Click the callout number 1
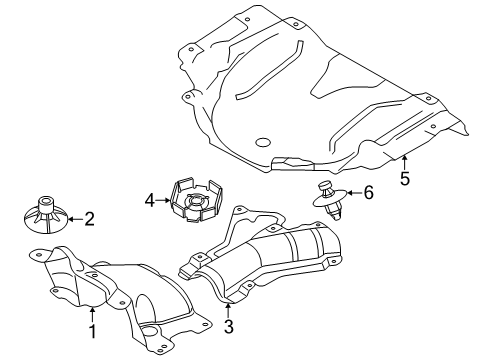click(x=93, y=331)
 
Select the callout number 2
click(x=89, y=219)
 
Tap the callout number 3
click(x=229, y=326)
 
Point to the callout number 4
click(x=150, y=200)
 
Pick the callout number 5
click(x=405, y=178)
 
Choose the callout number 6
click(x=368, y=193)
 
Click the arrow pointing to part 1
click(x=92, y=315)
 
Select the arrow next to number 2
click(x=75, y=219)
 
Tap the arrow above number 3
click(x=228, y=310)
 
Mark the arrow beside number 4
click(x=164, y=200)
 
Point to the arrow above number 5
click(x=404, y=162)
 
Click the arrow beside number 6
click(x=354, y=192)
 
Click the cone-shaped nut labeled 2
click(x=46, y=216)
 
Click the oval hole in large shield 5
click(x=263, y=142)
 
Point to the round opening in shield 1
click(x=149, y=331)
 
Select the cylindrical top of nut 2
click(x=46, y=204)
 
